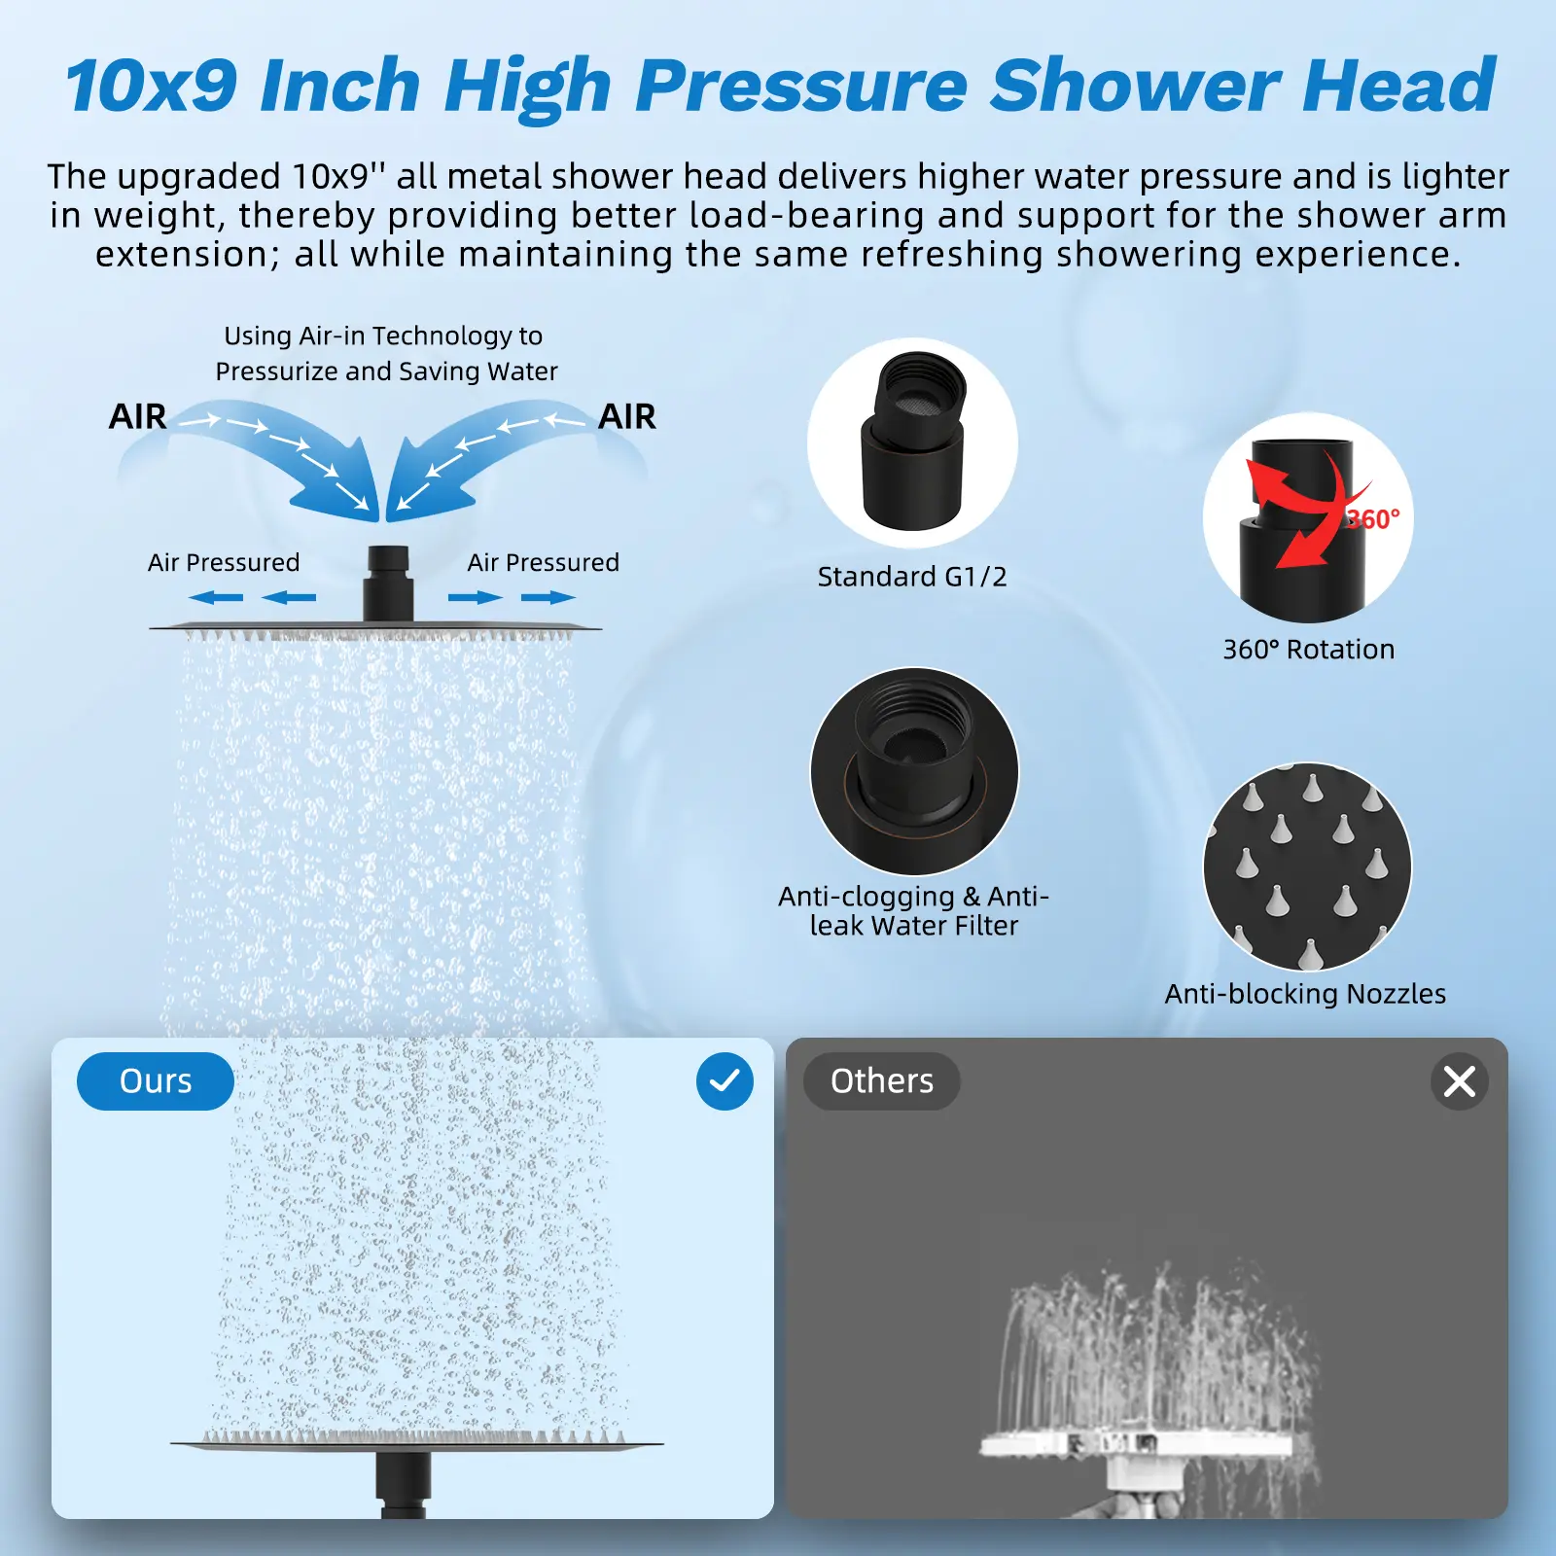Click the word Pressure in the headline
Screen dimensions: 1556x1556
(801, 87)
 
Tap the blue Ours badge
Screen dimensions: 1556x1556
(156, 1081)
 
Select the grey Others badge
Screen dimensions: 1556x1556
(882, 1081)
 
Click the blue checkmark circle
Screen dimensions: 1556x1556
(725, 1081)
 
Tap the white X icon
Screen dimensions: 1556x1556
(1460, 1081)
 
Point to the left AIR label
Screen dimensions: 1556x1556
(137, 417)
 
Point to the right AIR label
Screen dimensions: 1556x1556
(627, 417)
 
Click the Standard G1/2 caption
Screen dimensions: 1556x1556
(912, 577)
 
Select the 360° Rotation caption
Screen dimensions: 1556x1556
(1309, 650)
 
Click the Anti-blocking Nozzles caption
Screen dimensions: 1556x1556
(1305, 994)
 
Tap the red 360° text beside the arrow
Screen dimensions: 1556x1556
(1374, 518)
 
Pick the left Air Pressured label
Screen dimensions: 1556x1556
(224, 563)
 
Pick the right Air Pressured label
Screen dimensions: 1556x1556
(543, 563)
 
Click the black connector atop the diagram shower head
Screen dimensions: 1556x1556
(388, 583)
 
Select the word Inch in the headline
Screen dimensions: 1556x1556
(340, 87)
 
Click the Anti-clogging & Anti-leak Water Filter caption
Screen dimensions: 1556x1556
(914, 911)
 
